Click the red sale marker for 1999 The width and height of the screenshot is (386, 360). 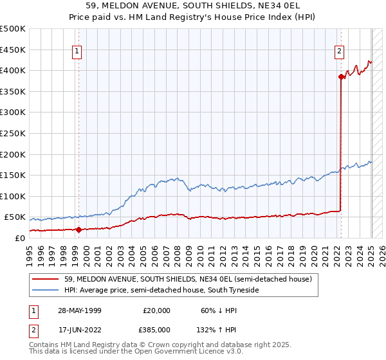point(78,229)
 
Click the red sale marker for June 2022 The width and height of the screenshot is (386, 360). point(341,76)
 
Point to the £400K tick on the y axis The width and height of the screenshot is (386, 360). point(14,70)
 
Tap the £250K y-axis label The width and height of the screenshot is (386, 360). point(14,133)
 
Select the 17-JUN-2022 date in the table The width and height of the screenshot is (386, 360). point(79,329)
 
